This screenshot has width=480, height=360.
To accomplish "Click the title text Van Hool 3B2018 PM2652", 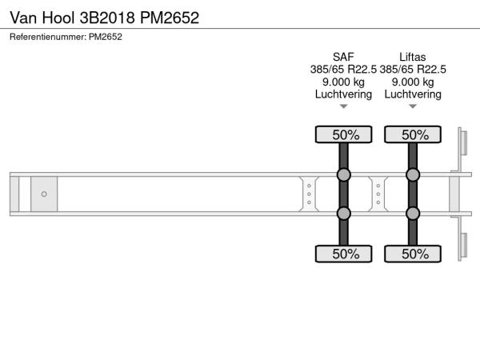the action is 104,18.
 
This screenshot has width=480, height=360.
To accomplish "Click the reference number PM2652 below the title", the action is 106,37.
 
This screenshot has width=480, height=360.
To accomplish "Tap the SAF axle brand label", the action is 343,57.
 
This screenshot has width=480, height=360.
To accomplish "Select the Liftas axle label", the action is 412,57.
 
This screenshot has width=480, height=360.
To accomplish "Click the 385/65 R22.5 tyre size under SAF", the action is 343,70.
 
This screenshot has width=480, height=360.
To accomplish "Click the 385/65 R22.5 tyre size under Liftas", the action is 413,70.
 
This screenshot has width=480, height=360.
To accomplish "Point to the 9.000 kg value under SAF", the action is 343,82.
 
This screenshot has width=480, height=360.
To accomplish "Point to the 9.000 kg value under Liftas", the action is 413,82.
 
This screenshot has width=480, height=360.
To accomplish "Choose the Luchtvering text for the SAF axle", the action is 343,94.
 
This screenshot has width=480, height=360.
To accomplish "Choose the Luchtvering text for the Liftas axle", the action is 413,94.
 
